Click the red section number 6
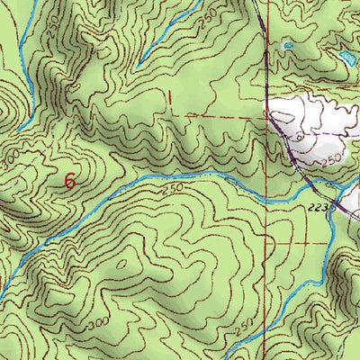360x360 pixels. [69, 180]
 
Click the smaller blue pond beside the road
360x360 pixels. [287, 44]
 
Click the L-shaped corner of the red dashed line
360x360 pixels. [168, 114]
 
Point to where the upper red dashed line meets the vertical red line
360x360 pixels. [267, 116]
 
